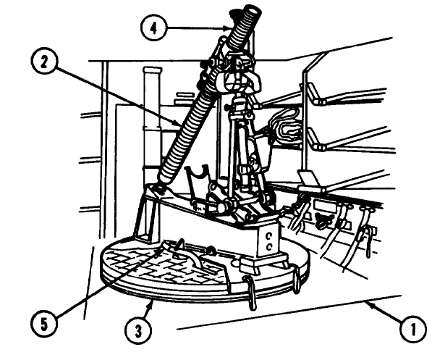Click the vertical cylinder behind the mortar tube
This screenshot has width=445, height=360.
[x=152, y=116]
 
